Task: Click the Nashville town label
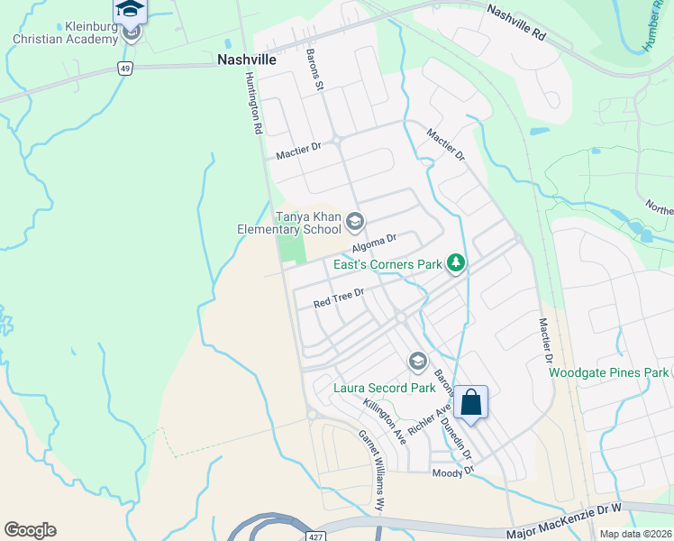click(246, 59)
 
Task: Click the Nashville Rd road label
click(516, 23)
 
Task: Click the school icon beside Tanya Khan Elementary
click(355, 221)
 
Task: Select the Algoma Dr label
click(374, 243)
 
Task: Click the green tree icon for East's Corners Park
click(457, 263)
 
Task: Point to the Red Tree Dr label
click(338, 298)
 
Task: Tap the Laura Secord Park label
click(384, 389)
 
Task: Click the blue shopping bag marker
click(471, 401)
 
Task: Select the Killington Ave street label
click(384, 420)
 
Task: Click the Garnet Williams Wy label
click(372, 469)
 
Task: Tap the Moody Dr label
click(452, 472)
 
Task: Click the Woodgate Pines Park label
click(608, 371)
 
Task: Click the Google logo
click(30, 530)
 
